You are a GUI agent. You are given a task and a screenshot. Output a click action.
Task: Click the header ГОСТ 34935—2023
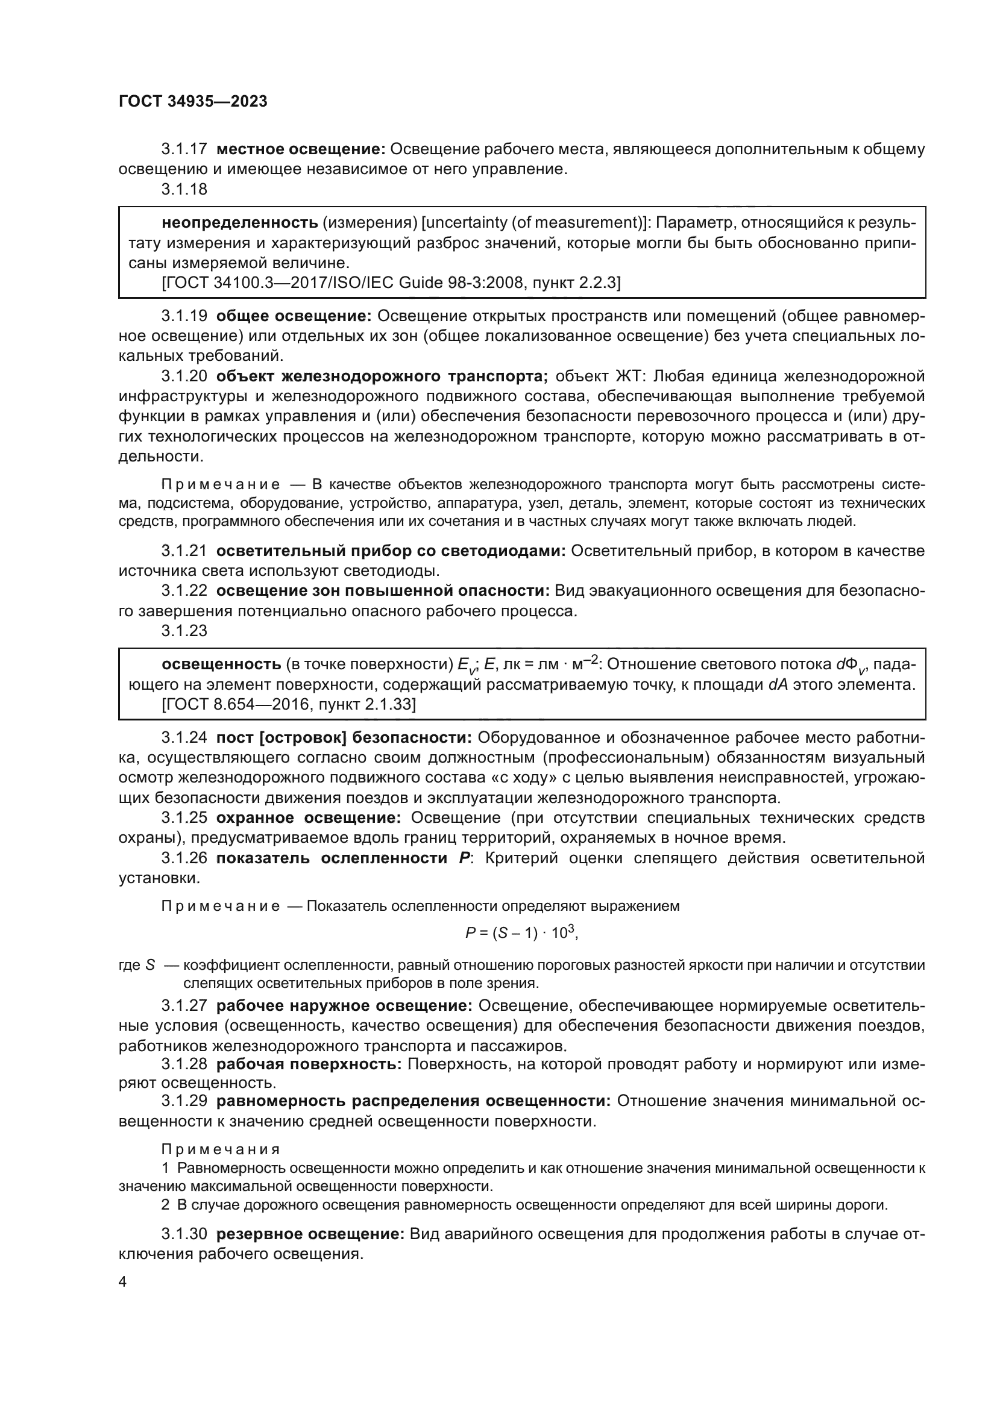(193, 102)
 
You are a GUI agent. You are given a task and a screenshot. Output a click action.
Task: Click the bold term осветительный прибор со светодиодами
(391, 551)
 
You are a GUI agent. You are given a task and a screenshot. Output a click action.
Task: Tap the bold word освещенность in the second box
(221, 664)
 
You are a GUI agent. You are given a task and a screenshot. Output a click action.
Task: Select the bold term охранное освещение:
(308, 817)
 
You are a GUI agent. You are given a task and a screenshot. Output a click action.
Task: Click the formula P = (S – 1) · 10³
(522, 933)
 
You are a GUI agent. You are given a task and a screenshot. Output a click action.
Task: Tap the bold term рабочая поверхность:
(309, 1063)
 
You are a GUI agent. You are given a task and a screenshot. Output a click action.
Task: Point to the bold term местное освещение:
(301, 149)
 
